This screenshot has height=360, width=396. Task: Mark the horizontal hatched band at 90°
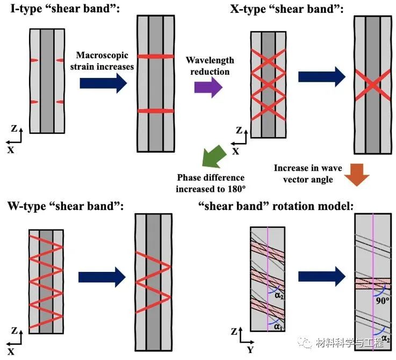pos(373,283)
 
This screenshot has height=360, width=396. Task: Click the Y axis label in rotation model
pos(250,350)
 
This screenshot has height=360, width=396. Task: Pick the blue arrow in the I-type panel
pos(103,83)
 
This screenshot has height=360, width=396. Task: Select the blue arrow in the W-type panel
pos(102,277)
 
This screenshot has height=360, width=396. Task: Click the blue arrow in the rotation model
pos(321,276)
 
